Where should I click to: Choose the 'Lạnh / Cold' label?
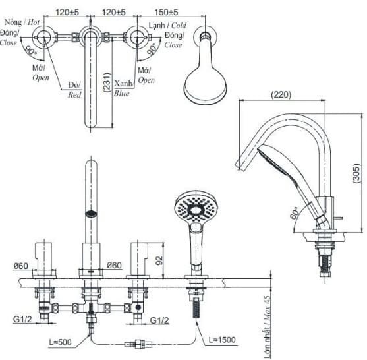(x=165, y=25)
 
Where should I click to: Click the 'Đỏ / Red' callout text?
(x=74, y=90)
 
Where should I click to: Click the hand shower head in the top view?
(x=205, y=84)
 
